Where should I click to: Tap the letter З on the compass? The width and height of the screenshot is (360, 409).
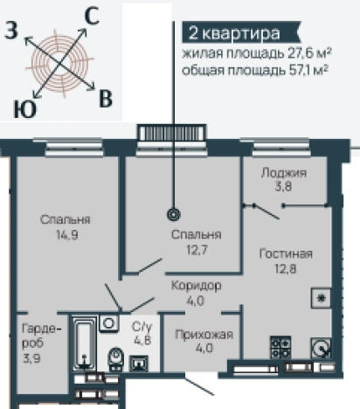coord(12,31)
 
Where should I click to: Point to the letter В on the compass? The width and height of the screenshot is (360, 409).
coord(106,98)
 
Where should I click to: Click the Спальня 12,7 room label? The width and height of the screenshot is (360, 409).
coord(191,241)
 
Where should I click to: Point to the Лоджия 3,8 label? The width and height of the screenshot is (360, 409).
coord(283,179)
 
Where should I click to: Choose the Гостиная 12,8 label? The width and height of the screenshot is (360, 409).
coord(286,260)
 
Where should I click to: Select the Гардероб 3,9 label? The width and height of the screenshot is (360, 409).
coord(30,342)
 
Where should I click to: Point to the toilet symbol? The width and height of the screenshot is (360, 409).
coord(114,359)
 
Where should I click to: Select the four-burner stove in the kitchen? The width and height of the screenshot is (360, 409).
coord(281,347)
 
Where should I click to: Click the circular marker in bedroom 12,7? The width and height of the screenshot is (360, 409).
coord(173,212)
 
